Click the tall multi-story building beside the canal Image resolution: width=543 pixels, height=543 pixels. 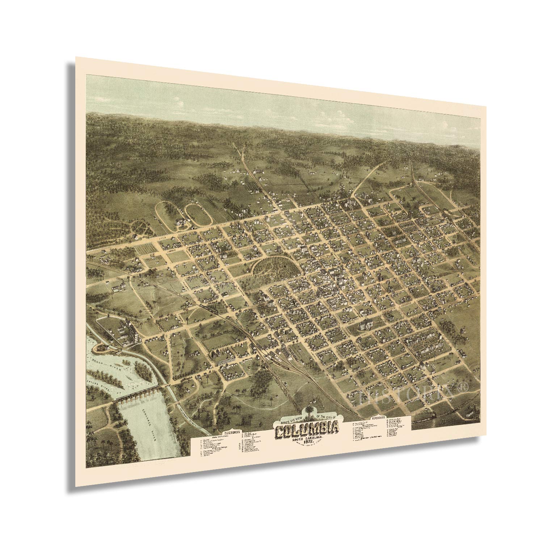pyautogui.click(x=132, y=332)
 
